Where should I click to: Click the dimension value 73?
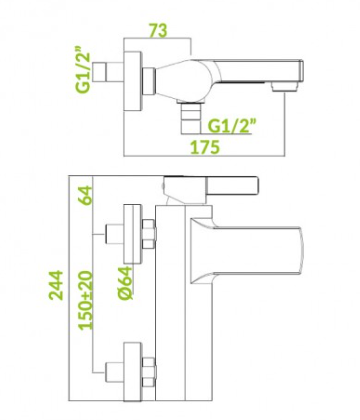157,30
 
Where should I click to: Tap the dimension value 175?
205,147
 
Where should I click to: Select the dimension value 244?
56,285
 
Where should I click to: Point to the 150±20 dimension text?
85,300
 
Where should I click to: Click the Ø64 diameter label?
125,283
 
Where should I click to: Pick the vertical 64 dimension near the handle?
86,196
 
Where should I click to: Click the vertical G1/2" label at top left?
83,68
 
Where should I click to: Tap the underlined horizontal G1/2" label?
233,126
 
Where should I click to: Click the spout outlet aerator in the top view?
284,87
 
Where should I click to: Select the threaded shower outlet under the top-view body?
190,117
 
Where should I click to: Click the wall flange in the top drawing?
133,82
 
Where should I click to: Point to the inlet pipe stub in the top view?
99,74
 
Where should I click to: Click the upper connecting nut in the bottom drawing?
149,234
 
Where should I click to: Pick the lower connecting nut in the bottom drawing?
149,372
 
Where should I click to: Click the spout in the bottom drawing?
246,252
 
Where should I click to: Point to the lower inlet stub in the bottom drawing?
114,372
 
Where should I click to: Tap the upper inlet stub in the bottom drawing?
114,234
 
